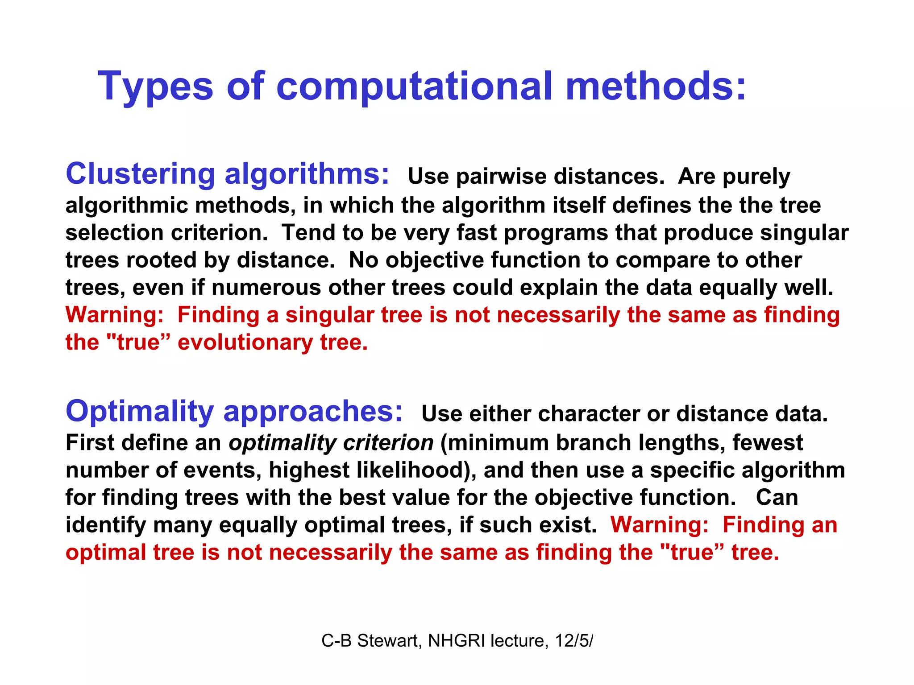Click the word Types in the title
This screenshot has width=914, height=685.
155,87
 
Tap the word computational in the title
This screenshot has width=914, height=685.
414,87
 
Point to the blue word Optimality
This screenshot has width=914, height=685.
140,412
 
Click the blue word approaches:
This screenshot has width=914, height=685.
313,412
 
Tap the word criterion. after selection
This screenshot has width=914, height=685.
219,233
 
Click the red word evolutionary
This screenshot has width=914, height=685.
245,342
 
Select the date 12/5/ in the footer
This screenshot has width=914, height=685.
574,641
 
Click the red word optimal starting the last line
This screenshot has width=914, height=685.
106,553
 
